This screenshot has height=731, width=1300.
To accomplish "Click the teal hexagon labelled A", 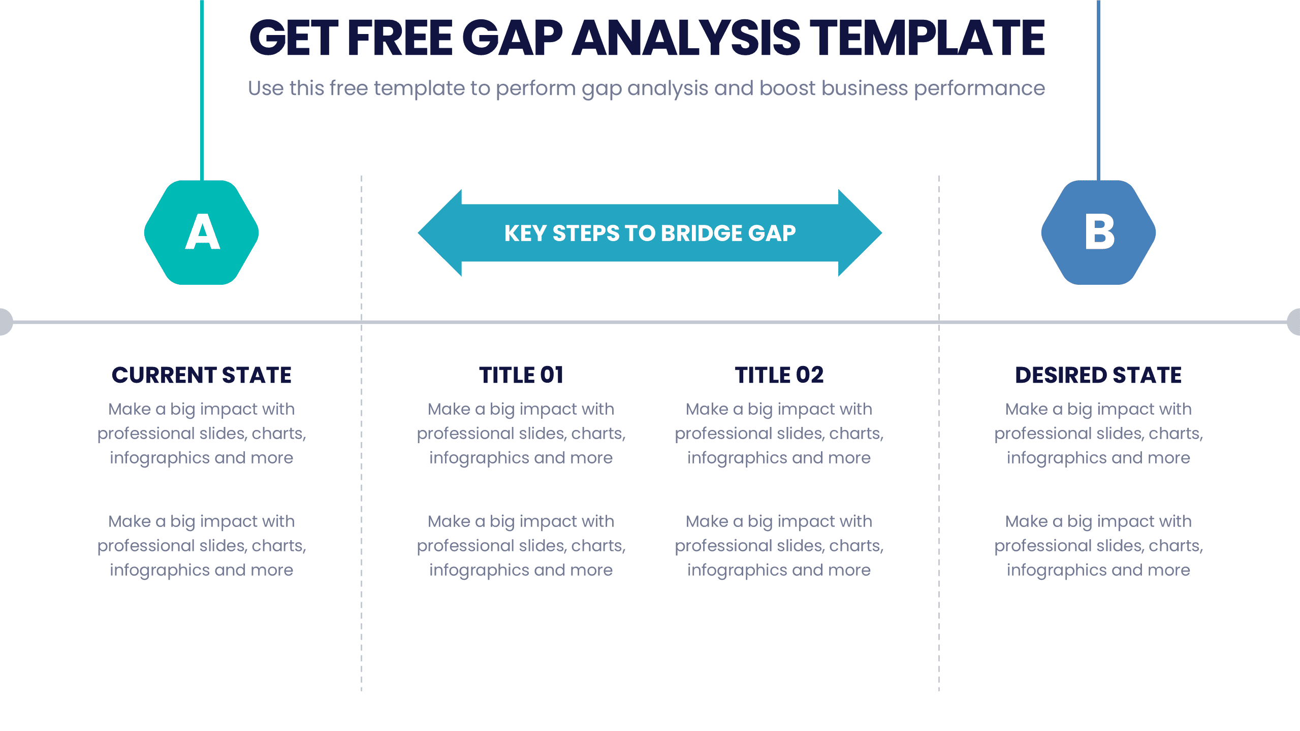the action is click(x=202, y=232).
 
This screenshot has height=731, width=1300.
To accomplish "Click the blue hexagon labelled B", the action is click(x=1098, y=232).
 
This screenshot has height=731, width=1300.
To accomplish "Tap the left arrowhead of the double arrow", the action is click(x=440, y=233).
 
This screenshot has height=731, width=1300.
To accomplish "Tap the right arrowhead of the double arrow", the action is click(x=860, y=233).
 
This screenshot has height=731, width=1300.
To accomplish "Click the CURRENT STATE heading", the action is click(x=202, y=375).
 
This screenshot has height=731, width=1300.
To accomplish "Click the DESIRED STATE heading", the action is click(x=1098, y=375).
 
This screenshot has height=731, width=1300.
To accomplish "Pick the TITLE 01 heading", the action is click(x=521, y=375).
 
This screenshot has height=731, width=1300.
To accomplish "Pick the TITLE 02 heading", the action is click(x=779, y=375).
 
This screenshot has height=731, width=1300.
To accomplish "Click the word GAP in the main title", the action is click(x=513, y=38).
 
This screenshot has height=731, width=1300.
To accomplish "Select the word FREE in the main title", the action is click(x=400, y=38).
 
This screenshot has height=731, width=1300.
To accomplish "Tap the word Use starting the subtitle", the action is click(x=266, y=88).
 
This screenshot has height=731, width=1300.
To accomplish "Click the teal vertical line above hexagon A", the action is click(x=202, y=90).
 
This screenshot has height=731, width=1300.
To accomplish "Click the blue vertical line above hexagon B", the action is click(x=1098, y=90).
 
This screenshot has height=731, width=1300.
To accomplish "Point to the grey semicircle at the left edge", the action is click(x=6, y=322).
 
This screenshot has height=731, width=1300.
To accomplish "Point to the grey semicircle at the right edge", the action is click(x=1294, y=322).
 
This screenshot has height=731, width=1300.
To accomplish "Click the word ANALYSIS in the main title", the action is click(x=686, y=38).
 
